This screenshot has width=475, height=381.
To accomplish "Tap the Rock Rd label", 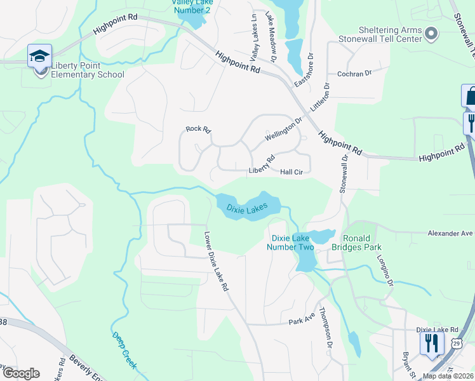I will click(197, 129).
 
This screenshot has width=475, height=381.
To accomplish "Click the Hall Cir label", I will click(295, 171).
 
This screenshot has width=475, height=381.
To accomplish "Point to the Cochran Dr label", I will click(354, 74).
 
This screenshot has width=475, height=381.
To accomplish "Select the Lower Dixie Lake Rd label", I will click(216, 260).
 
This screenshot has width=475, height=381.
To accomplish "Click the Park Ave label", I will click(302, 321).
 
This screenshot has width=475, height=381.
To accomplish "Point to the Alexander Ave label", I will click(450, 233).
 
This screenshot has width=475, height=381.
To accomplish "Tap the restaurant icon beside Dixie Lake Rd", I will click(431, 344).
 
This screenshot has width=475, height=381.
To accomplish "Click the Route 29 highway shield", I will click(457, 343).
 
